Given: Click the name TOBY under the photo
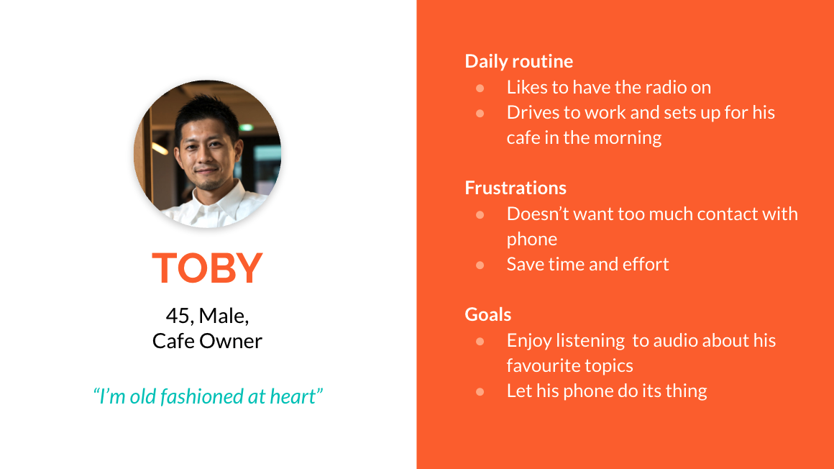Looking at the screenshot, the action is coord(208,268).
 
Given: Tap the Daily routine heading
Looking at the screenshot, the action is coord(518,61).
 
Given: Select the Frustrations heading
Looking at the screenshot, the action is coord(515,188).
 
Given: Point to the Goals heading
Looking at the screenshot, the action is coord(487,314).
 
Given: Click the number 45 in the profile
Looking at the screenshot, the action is coord(177,316).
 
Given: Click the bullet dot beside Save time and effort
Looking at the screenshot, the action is coord(480,265).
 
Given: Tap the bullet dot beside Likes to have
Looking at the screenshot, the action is coord(480,88).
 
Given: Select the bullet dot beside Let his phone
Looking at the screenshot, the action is coord(480,392).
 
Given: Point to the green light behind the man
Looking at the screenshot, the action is coord(246,128).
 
